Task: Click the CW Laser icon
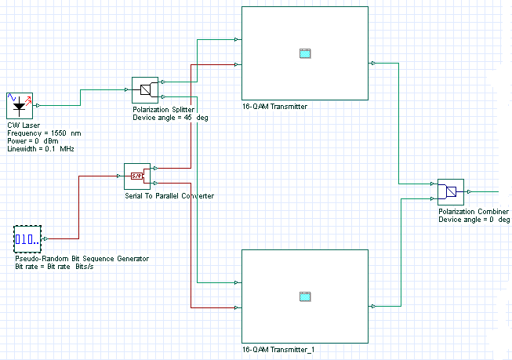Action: click(20, 104)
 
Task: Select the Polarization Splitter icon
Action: click(144, 89)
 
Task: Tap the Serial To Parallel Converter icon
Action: click(136, 176)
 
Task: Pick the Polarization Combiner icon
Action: click(450, 191)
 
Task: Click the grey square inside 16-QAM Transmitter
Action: click(305, 53)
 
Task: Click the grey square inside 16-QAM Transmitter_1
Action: click(305, 296)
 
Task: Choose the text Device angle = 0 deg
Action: click(474, 220)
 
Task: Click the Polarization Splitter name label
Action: click(163, 110)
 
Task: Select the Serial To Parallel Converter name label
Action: click(169, 195)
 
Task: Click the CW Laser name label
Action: click(24, 127)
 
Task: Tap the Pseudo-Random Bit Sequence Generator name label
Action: click(82, 259)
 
